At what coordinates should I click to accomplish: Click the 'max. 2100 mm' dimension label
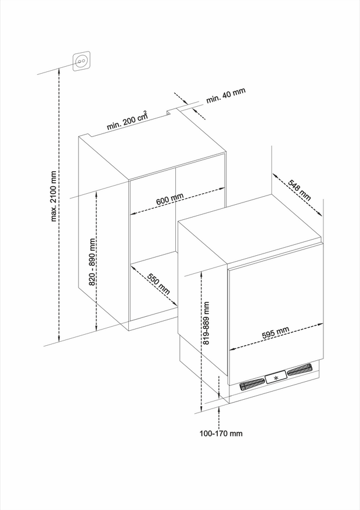pos(53,196)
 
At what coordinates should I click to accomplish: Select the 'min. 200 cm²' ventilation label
pos(127,120)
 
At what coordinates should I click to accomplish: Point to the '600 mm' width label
pos(170,198)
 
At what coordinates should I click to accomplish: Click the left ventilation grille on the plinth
pos(251,384)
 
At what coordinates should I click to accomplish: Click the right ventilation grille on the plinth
pos(299,370)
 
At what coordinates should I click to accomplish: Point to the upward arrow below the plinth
pos(219,409)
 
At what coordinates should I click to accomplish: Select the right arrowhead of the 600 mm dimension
pos(222,189)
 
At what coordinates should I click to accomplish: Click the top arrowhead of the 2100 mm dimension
pos(59,71)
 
